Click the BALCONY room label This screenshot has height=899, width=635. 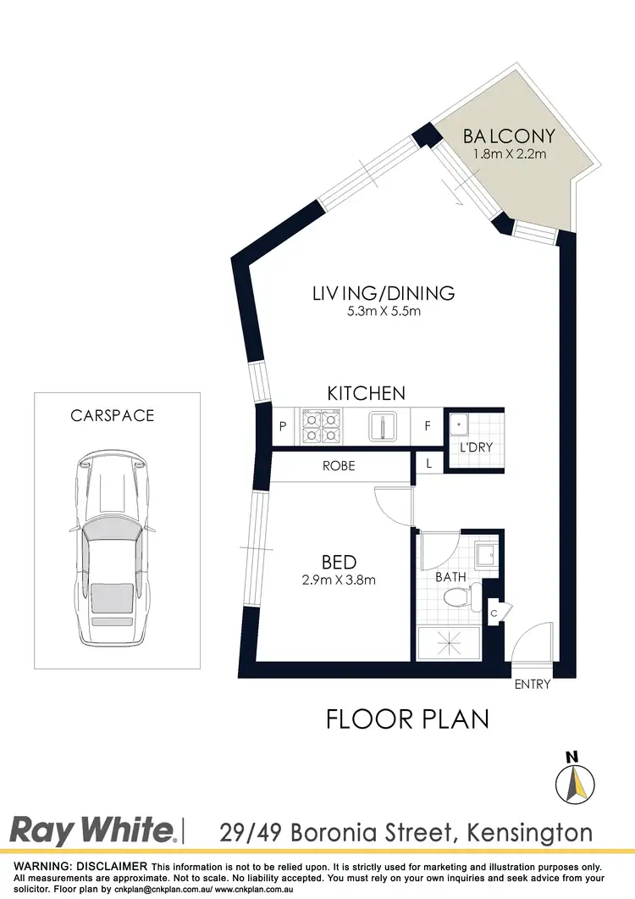pyautogui.click(x=509, y=136)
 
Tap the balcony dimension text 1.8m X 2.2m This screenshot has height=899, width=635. pyautogui.click(x=508, y=155)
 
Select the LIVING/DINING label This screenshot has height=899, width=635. pyautogui.click(x=384, y=294)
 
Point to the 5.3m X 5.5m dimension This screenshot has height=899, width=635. pyautogui.click(x=384, y=312)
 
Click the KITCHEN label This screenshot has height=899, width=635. pyautogui.click(x=367, y=393)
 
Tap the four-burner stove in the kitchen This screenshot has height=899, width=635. pyautogui.click(x=319, y=426)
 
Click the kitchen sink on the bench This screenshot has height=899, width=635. pyautogui.click(x=383, y=426)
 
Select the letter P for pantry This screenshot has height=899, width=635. pyautogui.click(x=283, y=427)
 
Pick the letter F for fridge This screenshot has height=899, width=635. pyautogui.click(x=428, y=427)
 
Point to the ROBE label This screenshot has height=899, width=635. pyautogui.click(x=338, y=466)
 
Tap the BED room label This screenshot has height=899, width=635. pyautogui.click(x=339, y=562)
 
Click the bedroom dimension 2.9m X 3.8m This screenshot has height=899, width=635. pyautogui.click(x=339, y=580)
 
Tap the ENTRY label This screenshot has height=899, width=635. pyautogui.click(x=533, y=685)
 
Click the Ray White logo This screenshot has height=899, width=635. pyautogui.click(x=93, y=830)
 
